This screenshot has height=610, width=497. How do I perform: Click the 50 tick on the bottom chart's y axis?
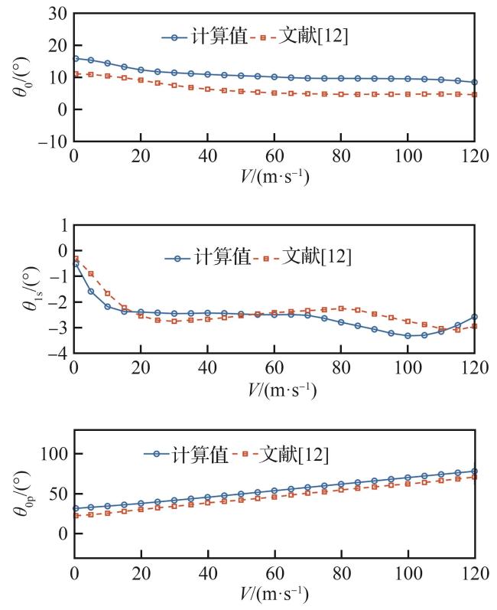pos(57,494)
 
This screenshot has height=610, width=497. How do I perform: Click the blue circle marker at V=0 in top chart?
pos(74,58)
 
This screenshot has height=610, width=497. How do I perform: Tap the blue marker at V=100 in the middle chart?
pos(408,335)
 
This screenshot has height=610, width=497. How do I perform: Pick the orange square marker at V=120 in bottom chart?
pos(474,477)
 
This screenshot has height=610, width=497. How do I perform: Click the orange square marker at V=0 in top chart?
pos(74,74)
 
